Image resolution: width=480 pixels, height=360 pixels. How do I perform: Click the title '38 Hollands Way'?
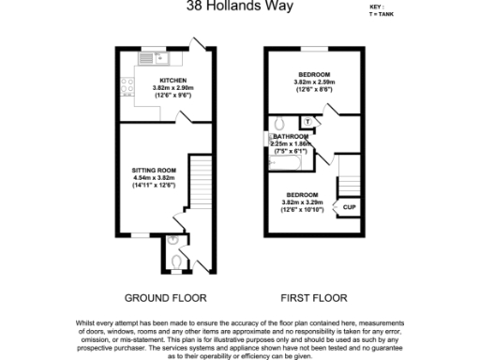(240, 7)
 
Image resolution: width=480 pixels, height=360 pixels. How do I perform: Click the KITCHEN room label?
(172, 81)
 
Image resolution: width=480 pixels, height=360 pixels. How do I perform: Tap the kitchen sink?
(148, 58)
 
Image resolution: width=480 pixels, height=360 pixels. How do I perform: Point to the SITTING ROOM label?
(153, 170)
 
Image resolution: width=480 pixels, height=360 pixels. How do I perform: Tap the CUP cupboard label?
(349, 206)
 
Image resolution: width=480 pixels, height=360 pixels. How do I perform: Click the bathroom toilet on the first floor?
(278, 123)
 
